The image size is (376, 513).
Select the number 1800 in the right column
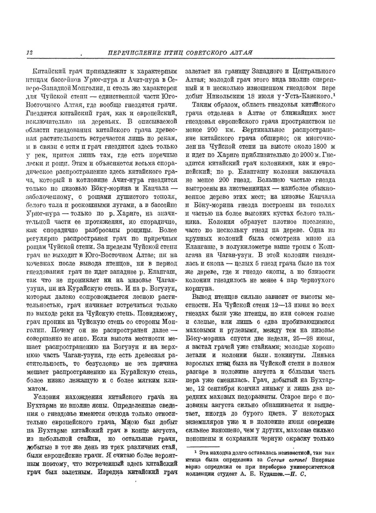[x=317, y=146]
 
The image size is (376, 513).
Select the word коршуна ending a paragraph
[x=199, y=288]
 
